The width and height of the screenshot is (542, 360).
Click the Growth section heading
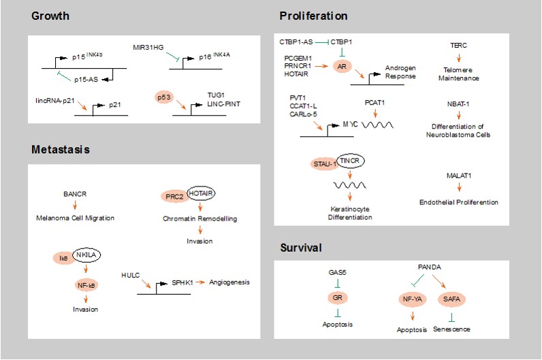click(50, 16)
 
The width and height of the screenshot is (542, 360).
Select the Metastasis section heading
click(60, 148)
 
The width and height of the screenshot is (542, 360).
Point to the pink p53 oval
click(164, 98)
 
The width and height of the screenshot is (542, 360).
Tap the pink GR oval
click(336, 297)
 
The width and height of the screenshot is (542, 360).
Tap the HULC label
click(128, 278)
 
